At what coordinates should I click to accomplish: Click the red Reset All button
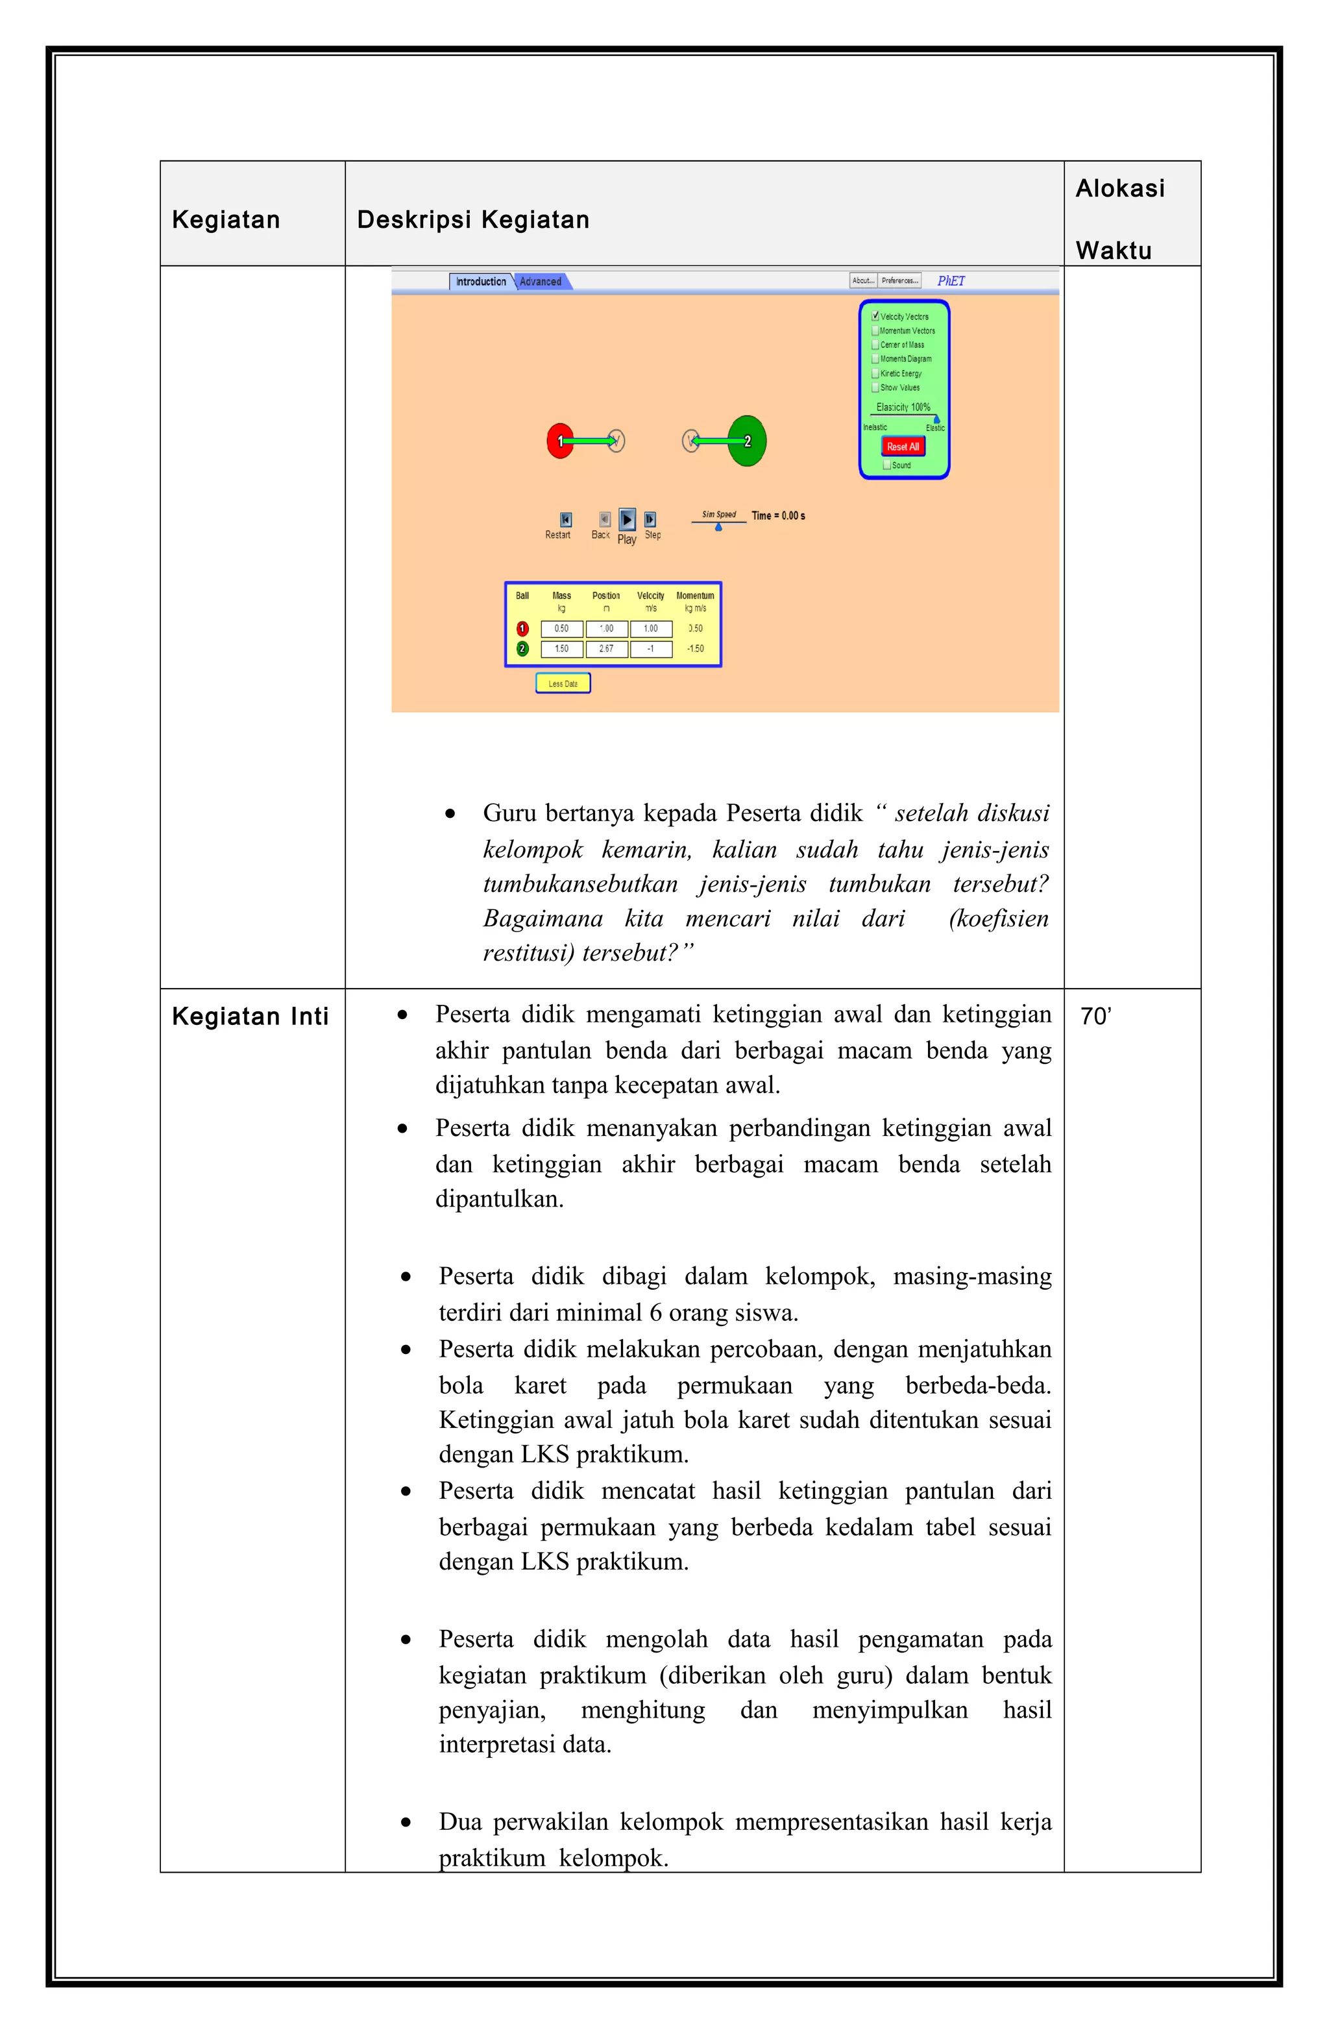point(902,447)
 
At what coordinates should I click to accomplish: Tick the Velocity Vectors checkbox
point(875,316)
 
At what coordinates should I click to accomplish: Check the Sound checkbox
point(886,465)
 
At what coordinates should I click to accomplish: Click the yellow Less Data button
point(563,684)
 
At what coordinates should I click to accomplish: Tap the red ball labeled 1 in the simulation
point(559,441)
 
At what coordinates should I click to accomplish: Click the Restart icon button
point(565,519)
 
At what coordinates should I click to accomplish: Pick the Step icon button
point(650,519)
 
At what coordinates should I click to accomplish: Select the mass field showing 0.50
point(561,629)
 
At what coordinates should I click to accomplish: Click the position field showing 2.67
point(606,649)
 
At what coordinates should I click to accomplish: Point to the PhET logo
point(951,281)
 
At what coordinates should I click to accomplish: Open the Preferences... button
point(899,280)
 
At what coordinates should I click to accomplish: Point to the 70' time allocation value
point(1096,1016)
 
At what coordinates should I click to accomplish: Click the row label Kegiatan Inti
point(250,1016)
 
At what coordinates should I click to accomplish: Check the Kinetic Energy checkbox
point(875,373)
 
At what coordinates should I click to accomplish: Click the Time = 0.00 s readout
point(778,516)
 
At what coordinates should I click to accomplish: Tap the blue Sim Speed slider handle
point(718,527)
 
